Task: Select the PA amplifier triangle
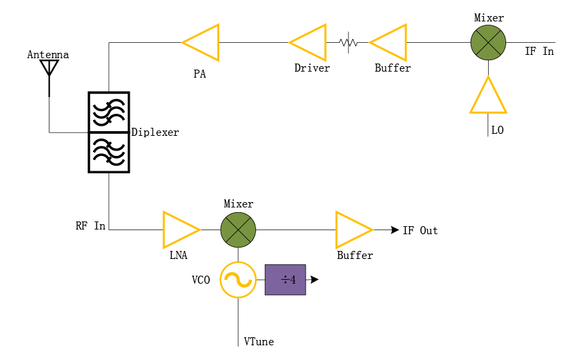tap(203, 43)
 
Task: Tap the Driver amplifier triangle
tap(310, 43)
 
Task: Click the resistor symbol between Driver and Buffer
tap(348, 43)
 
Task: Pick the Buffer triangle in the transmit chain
tap(391, 43)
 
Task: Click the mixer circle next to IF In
tap(488, 42)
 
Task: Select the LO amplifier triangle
tap(488, 98)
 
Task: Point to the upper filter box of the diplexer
tap(108, 112)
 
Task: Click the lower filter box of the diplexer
tap(108, 152)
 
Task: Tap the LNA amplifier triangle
tap(179, 230)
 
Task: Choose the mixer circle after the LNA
tap(238, 230)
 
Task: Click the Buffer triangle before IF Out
tap(352, 230)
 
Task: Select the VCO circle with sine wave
tap(238, 280)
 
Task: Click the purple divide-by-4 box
tap(285, 280)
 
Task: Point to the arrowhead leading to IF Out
tap(395, 230)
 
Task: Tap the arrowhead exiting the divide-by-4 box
tap(315, 280)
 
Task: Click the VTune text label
tap(259, 342)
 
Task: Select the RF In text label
tap(90, 226)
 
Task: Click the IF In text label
tap(539, 52)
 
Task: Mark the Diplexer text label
tap(155, 132)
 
